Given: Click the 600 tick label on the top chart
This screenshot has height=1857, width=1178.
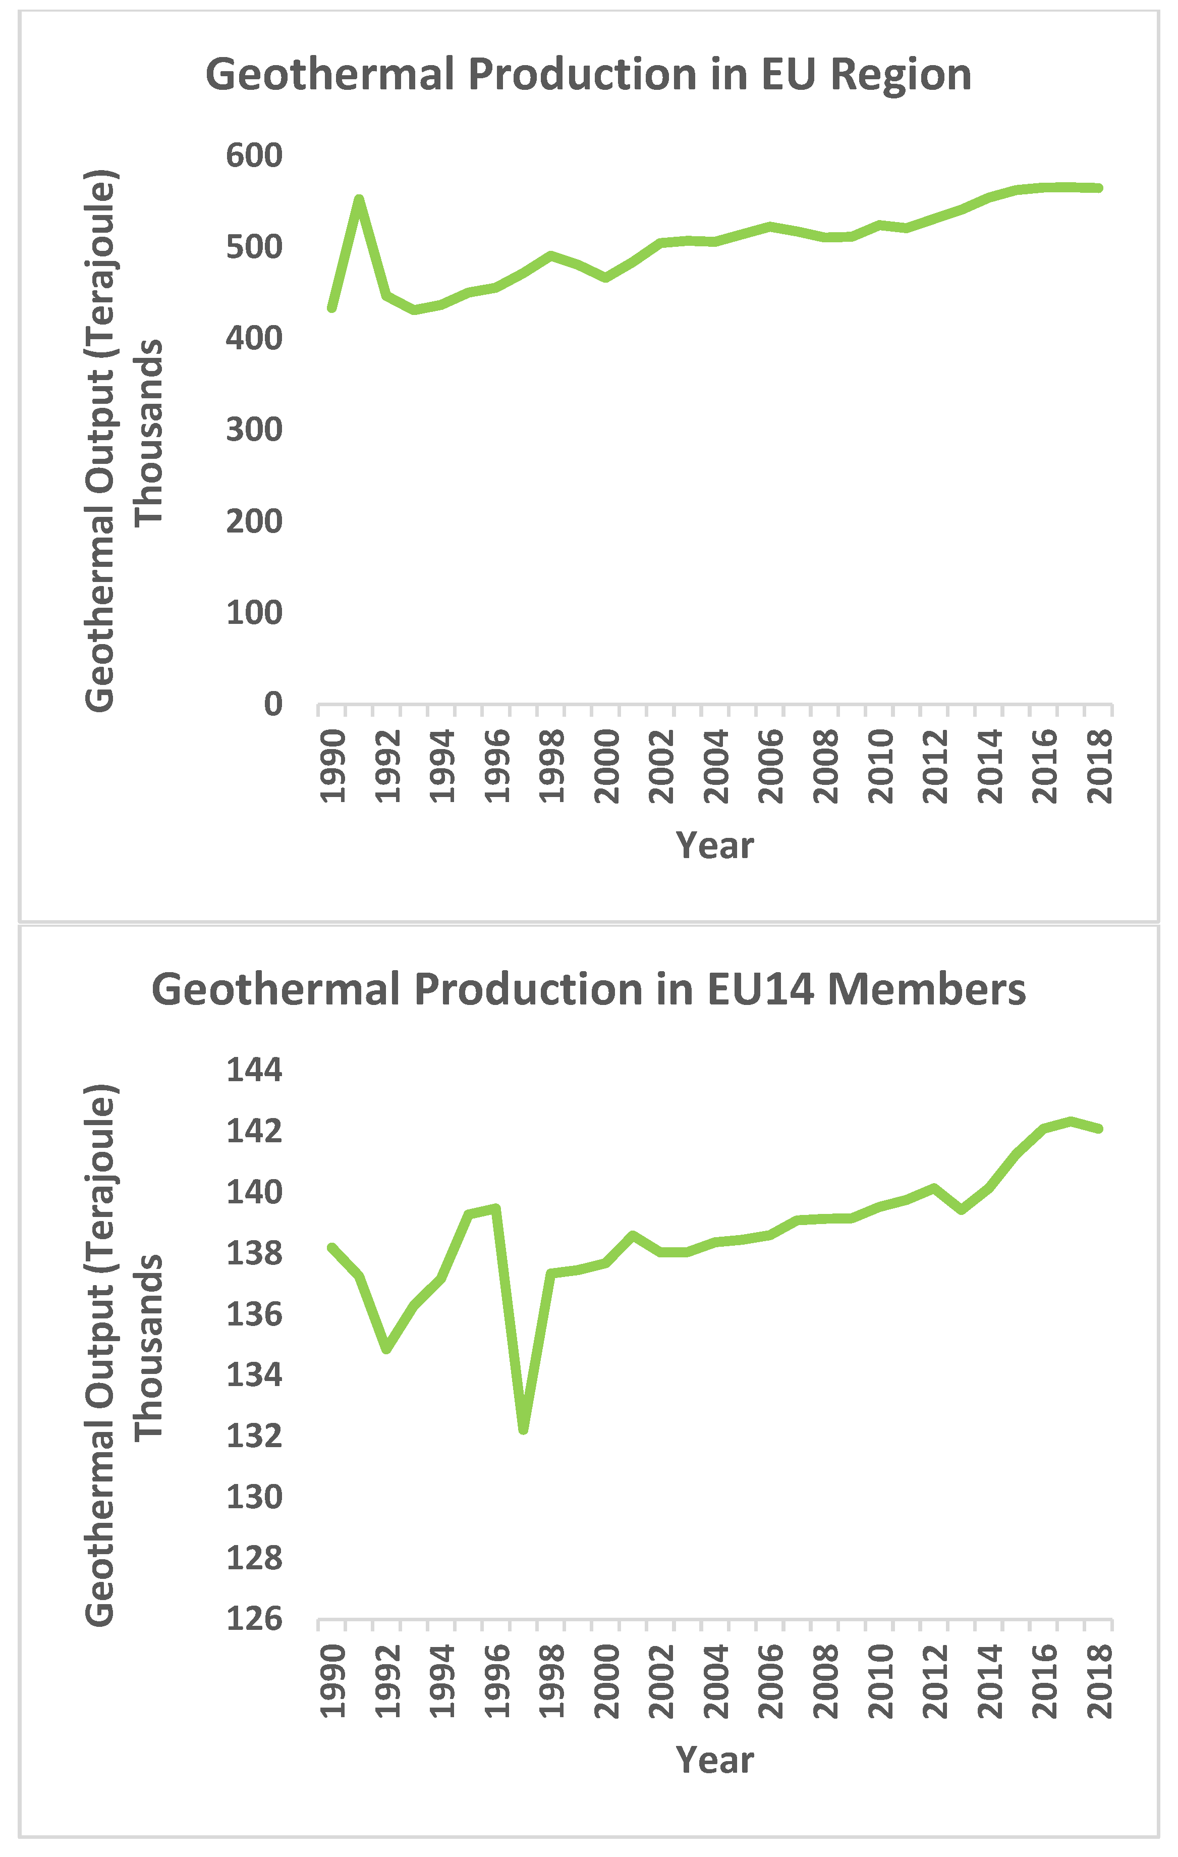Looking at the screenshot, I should pos(254,156).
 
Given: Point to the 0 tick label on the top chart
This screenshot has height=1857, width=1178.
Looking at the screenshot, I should pos(272,704).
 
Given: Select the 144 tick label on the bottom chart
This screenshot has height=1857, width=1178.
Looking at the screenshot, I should pos(254,1071).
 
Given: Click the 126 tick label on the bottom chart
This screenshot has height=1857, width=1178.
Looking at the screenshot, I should pos(254,1619).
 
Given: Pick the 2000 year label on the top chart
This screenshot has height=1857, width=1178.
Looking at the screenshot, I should pos(607,767).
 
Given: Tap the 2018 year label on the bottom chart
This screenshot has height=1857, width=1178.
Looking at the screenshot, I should pos(1099,1681).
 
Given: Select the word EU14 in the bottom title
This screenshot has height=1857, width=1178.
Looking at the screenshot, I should pos(759,989).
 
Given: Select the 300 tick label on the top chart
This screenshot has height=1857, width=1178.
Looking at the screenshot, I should pos(254,430).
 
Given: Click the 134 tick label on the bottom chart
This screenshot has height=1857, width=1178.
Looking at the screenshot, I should pos(254,1375).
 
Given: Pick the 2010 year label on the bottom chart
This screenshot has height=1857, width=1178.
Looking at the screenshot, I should pos(880,1681).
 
